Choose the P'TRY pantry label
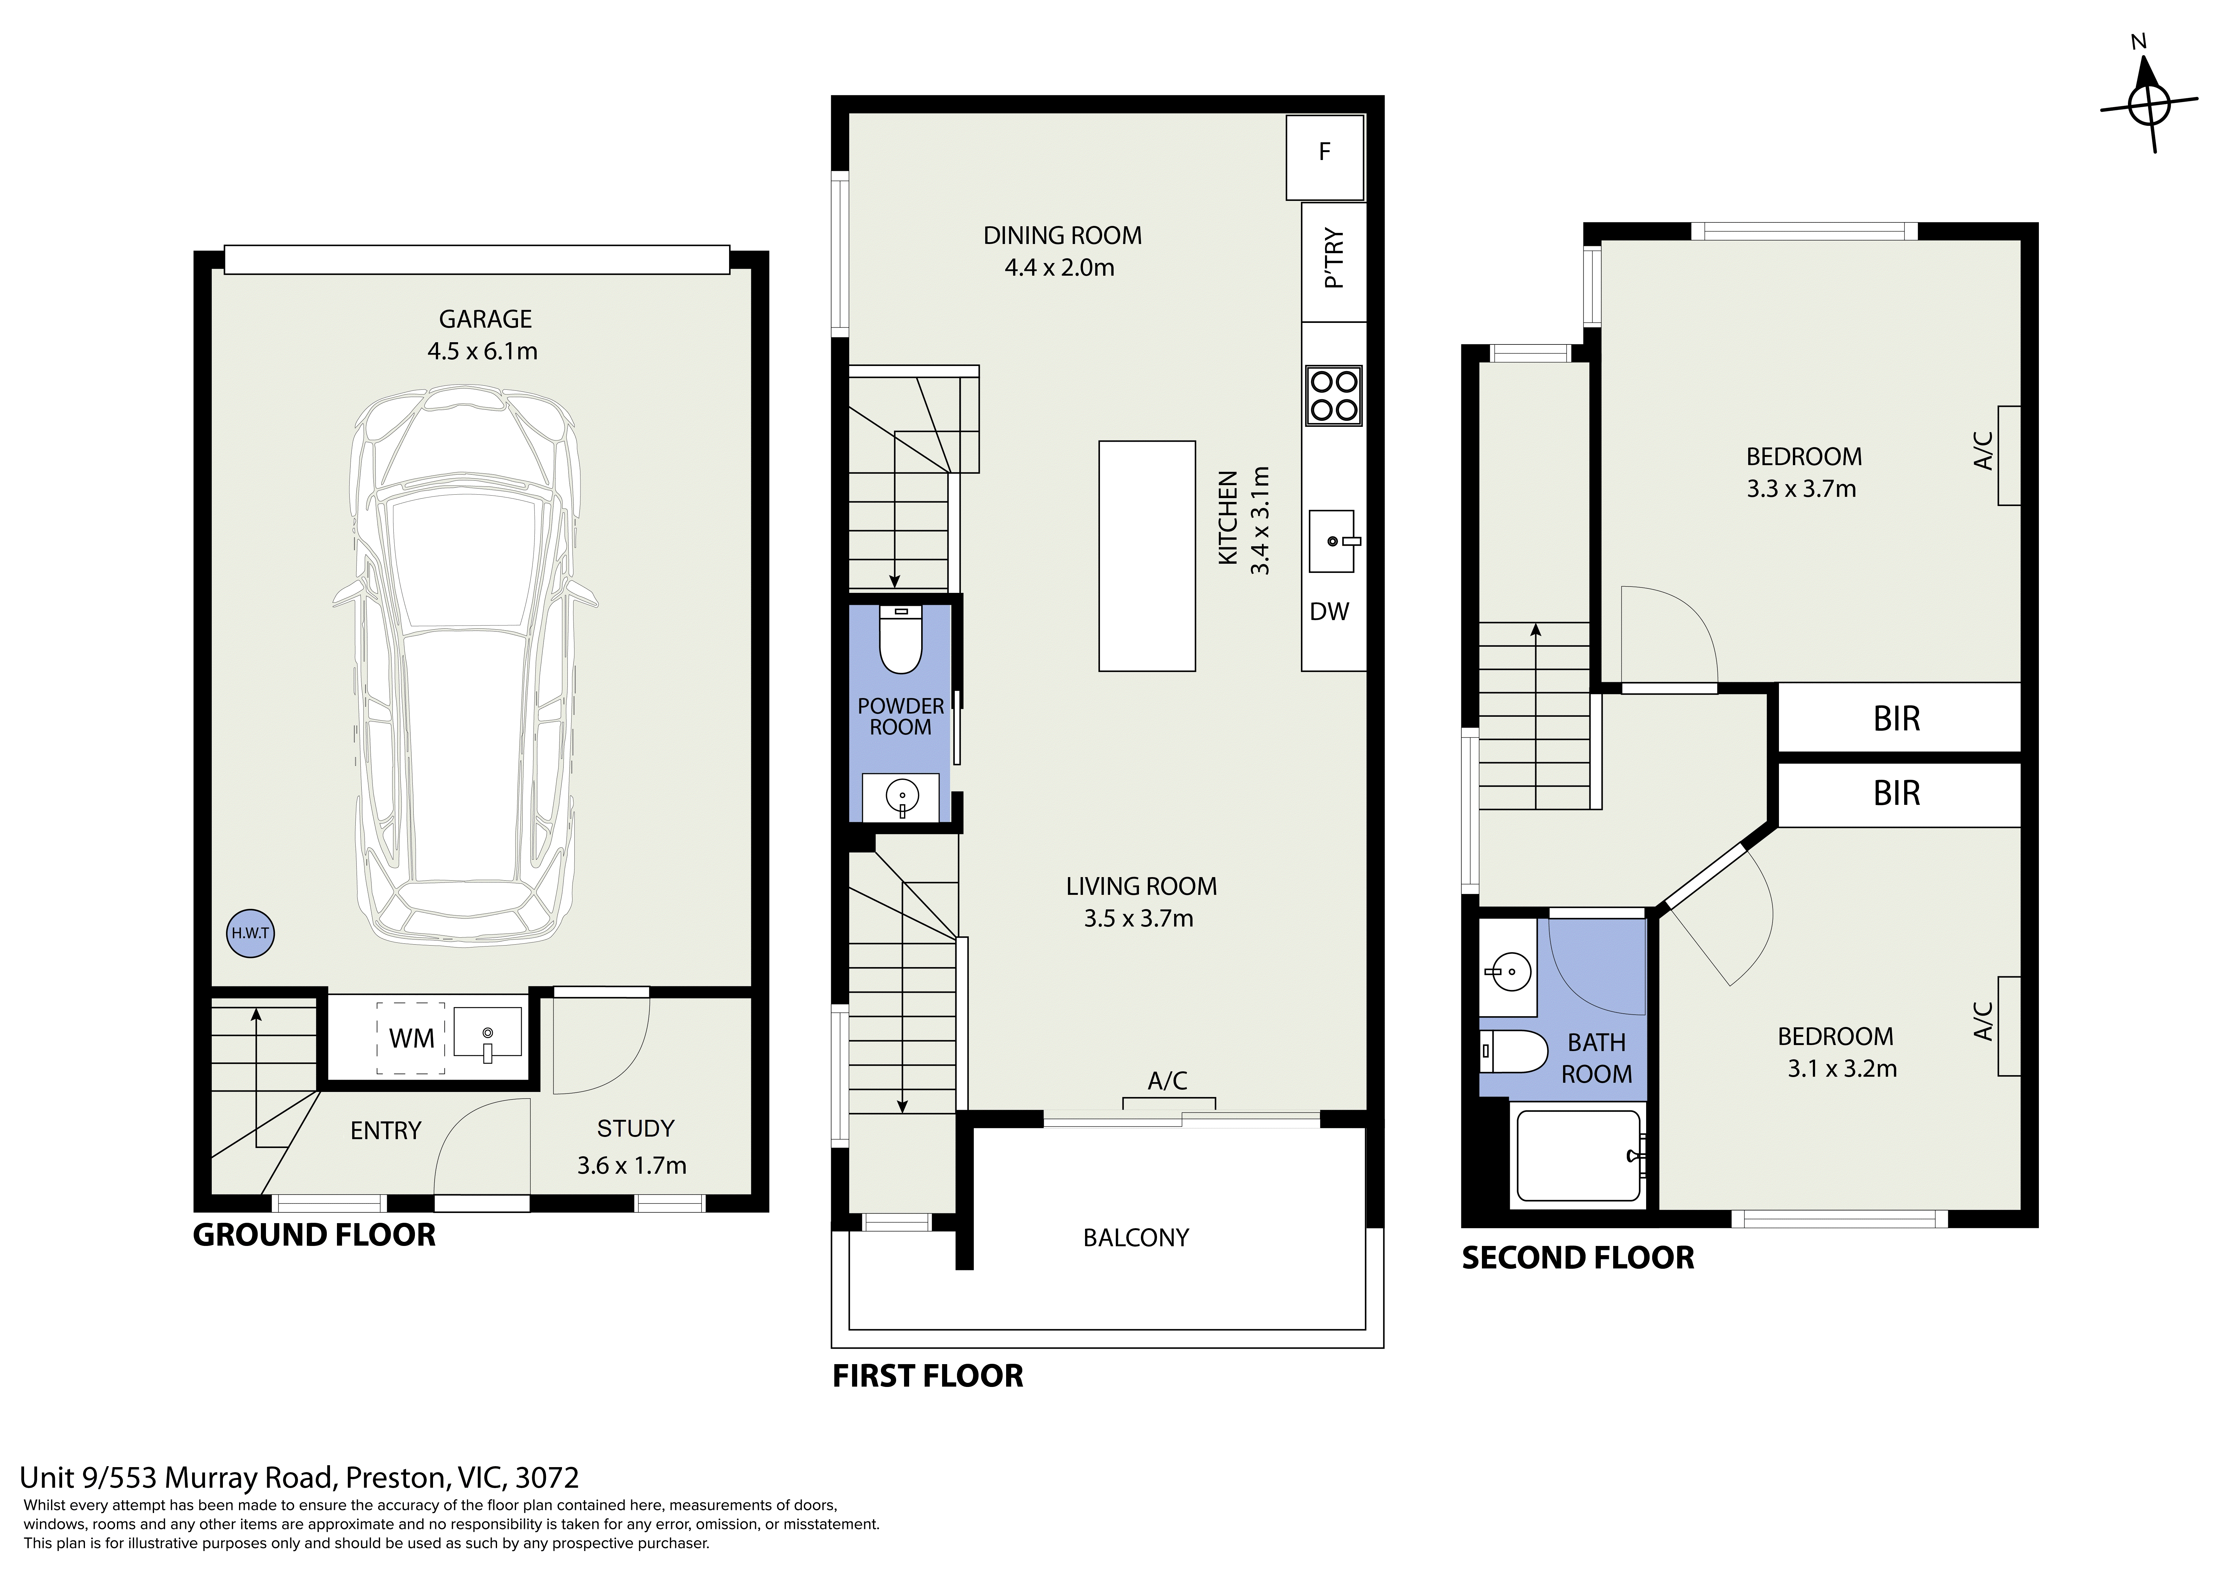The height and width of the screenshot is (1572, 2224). (1334, 259)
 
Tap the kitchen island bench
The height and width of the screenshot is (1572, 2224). (1147, 556)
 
